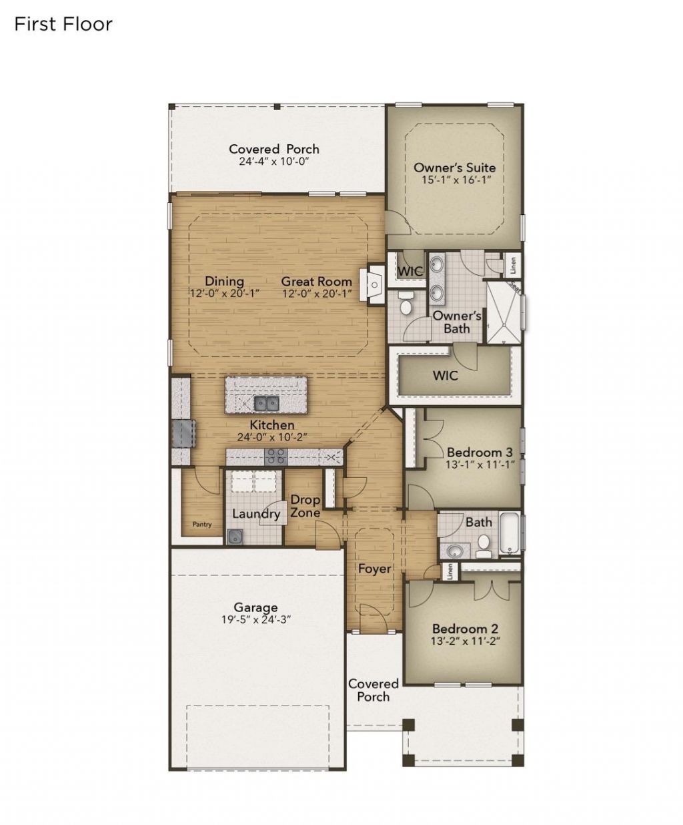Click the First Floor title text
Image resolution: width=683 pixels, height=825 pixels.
(x=63, y=25)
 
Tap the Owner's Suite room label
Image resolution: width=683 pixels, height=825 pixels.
(x=454, y=168)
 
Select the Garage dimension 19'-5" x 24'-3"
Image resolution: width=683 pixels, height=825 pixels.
(x=255, y=619)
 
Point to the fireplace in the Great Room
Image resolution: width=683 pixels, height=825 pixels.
(x=374, y=286)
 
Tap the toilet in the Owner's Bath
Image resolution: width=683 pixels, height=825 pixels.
(x=404, y=304)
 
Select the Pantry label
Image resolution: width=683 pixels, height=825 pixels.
(x=202, y=525)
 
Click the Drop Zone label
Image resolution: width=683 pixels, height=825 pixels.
(x=305, y=506)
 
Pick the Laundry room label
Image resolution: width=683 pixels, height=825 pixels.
(x=256, y=514)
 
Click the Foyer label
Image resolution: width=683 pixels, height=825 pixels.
(x=374, y=569)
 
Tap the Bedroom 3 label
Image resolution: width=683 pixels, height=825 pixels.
(x=480, y=452)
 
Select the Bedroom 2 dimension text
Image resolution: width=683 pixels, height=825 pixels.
(x=465, y=641)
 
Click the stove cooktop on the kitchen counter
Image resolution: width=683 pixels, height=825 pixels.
(x=276, y=457)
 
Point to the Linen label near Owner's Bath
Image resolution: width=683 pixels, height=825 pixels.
(x=513, y=267)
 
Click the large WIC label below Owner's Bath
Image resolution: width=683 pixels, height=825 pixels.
(x=445, y=375)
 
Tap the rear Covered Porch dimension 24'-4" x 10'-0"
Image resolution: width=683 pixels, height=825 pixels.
(x=274, y=162)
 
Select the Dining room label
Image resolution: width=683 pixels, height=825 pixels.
(x=224, y=281)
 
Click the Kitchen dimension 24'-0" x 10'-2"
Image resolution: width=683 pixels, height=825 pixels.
(x=271, y=437)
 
